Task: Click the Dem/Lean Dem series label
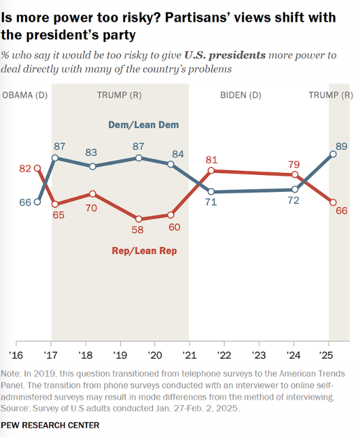pyautogui.click(x=144, y=125)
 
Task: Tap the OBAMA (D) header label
pyautogui.click(x=26, y=94)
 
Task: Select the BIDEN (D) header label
pyautogui.click(x=241, y=94)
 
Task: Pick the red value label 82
pyautogui.click(x=26, y=169)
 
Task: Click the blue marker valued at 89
pyautogui.click(x=333, y=154)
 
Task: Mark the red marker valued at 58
pyautogui.click(x=138, y=218)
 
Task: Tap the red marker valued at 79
pyautogui.click(x=295, y=175)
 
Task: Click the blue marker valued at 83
pyautogui.click(x=92, y=167)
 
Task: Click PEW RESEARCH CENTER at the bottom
pyautogui.click(x=50, y=425)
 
